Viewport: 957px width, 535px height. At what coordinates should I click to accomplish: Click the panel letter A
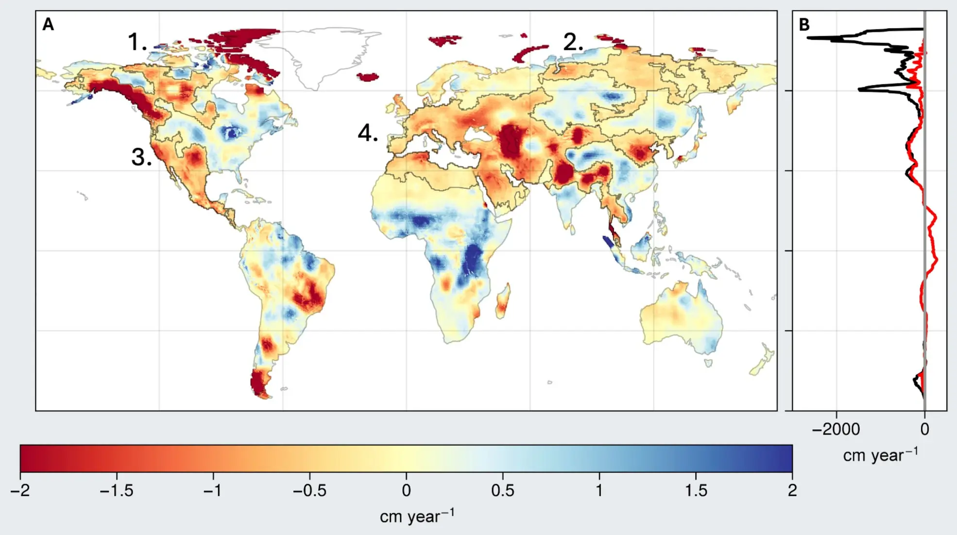point(48,24)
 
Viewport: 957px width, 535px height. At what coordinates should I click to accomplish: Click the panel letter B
point(804,25)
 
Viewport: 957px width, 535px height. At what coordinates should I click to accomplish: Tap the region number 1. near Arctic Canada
point(137,42)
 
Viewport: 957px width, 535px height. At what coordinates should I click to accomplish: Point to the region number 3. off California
point(141,157)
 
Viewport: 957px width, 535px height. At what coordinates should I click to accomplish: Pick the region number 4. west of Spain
point(368,133)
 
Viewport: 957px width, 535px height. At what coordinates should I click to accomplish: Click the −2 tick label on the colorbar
point(20,491)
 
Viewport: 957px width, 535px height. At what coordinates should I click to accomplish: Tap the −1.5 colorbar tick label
point(116,491)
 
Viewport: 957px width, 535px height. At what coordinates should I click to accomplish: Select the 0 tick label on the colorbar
point(406,491)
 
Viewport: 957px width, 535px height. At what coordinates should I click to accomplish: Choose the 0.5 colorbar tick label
point(502,491)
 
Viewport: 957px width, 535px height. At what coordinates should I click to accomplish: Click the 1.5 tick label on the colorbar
point(696,491)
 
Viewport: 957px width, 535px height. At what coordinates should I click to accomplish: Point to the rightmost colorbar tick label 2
point(792,491)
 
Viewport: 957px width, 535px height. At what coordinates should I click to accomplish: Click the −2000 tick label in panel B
point(836,429)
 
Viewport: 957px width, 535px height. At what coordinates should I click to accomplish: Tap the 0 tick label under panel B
point(924,429)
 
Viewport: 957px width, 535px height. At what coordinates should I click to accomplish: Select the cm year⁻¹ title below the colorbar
point(417,516)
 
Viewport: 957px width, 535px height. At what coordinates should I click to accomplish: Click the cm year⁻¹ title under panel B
point(880,455)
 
